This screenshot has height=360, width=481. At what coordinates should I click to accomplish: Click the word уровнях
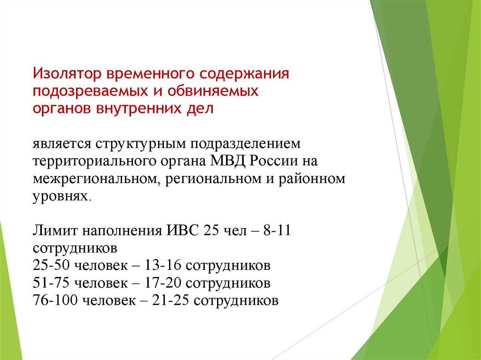tap(60, 196)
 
